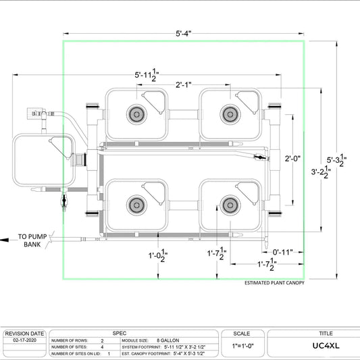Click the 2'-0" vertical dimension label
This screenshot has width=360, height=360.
coord(292,159)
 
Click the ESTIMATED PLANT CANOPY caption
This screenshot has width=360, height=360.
coord(274,283)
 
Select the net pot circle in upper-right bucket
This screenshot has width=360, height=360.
coord(227,113)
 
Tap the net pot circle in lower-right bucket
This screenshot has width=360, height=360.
coord(228,203)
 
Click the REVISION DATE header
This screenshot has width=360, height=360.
coord(24,334)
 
